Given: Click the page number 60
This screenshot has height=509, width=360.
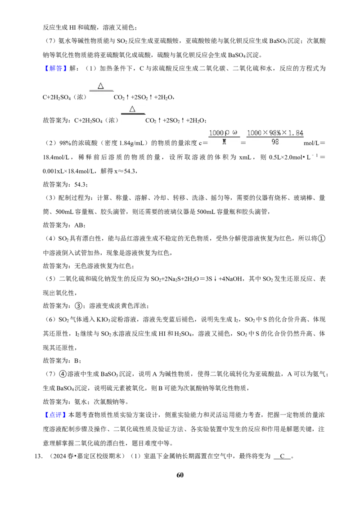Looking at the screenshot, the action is pyautogui.click(x=180, y=475).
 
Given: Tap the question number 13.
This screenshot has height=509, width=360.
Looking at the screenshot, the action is pyautogui.click(x=38, y=456).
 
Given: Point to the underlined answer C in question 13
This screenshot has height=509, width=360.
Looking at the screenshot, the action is pyautogui.click(x=282, y=456).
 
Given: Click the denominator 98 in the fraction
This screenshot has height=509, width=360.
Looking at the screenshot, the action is pyautogui.click(x=275, y=142).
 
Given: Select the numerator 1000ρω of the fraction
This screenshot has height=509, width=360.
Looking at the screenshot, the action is pyautogui.click(x=223, y=133).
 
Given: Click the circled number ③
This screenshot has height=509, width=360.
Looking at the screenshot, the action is pyautogui.click(x=78, y=306).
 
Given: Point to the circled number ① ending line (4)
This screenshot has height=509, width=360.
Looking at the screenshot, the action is pyautogui.click(x=321, y=239).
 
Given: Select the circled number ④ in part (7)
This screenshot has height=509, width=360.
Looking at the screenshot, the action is pyautogui.click(x=63, y=374).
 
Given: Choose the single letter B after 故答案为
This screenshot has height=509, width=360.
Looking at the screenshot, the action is pyautogui.click(x=76, y=361).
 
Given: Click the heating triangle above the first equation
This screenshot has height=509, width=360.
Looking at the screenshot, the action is pyautogui.click(x=101, y=86).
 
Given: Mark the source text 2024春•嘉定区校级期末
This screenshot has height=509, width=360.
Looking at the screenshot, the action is pyautogui.click(x=87, y=456).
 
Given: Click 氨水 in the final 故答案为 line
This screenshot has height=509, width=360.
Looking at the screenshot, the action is pyautogui.click(x=81, y=402).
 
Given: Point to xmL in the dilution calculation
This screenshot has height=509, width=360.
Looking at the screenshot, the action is pyautogui.click(x=245, y=157).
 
